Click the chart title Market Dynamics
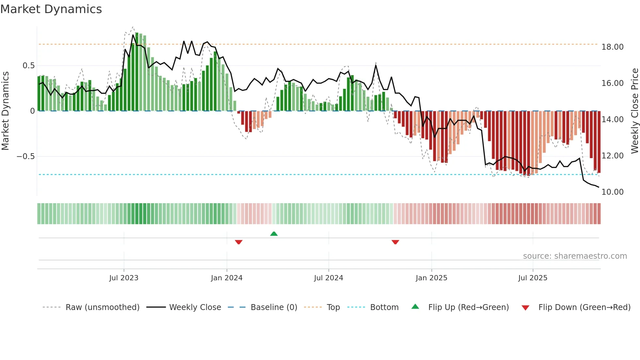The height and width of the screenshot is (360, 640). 51,9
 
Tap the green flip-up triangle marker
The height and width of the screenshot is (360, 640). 274,234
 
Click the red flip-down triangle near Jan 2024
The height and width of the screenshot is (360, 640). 239,242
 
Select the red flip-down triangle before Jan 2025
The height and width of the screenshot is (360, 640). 395,242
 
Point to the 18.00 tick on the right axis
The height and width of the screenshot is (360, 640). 612,47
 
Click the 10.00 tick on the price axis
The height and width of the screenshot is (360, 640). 612,192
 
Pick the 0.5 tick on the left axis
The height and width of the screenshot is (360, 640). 28,66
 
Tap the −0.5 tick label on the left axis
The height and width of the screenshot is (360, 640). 25,156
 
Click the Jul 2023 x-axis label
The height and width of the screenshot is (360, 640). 124,278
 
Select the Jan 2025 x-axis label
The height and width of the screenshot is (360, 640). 431,278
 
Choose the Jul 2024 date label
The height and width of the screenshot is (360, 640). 328,278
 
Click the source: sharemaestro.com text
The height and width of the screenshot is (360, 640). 575,256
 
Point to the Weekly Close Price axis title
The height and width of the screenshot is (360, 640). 634,111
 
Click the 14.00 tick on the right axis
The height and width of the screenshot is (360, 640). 612,120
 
